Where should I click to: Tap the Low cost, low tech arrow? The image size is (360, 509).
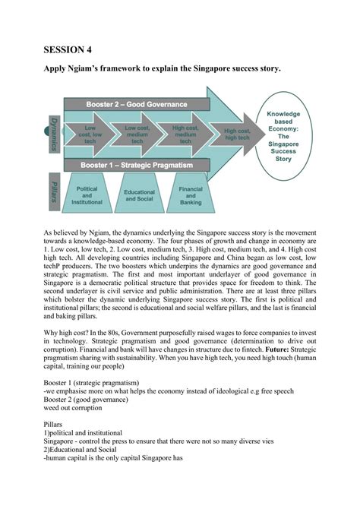coord(90,134)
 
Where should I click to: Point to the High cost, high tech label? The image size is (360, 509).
coord(237,134)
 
